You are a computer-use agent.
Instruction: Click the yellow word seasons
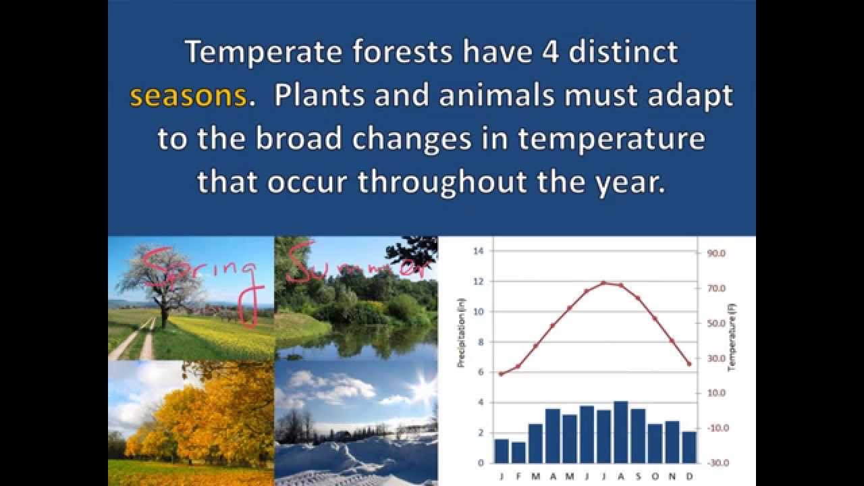[x=188, y=97]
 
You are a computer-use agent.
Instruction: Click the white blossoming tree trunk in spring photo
[x=163, y=314]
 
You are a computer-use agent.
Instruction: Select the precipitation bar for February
[x=518, y=452]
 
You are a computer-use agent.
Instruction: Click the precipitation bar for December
[x=689, y=447]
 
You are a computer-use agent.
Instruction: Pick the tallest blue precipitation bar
[x=621, y=432]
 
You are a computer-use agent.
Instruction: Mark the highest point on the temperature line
[x=603, y=283]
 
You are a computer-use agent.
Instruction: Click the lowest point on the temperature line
[x=501, y=374]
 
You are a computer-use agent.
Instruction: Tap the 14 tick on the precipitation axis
[x=479, y=251]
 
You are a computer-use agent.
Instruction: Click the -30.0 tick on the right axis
[x=716, y=463]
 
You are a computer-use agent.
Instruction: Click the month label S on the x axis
[x=638, y=476]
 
